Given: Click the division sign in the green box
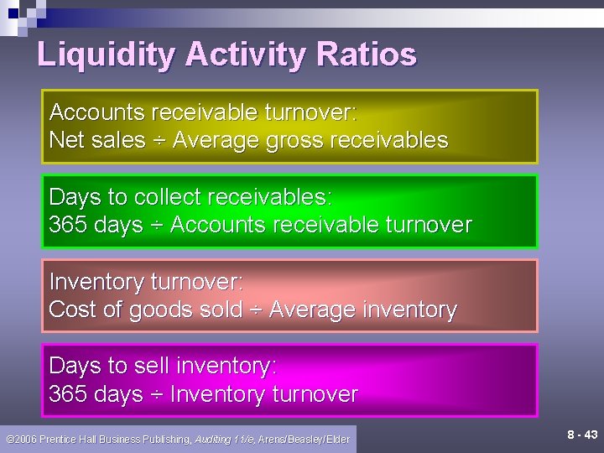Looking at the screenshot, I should point(156,226).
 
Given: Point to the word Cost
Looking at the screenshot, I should point(70,310).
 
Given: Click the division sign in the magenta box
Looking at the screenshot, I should point(156,394).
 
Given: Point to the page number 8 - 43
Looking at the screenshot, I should point(582,435).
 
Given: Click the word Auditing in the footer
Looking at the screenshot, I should point(213,440).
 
